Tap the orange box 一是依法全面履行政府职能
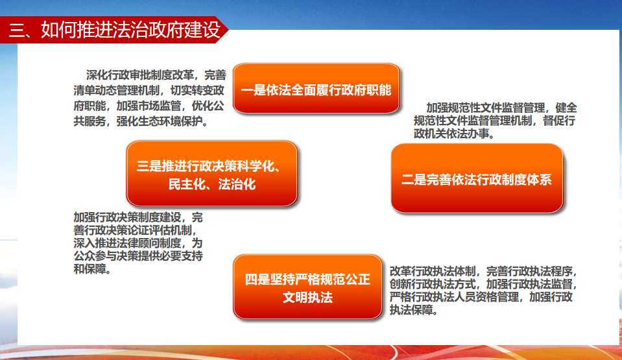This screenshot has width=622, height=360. pyautogui.click(x=316, y=88)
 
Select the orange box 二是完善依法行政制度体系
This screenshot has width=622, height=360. pyautogui.click(x=477, y=178)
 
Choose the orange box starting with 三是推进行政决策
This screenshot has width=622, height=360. pyautogui.click(x=212, y=173)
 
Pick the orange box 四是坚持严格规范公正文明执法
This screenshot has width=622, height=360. pyautogui.click(x=308, y=287)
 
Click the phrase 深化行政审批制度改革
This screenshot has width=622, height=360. pyautogui.click(x=140, y=75)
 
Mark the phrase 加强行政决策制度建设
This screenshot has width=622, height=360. pyautogui.click(x=127, y=217)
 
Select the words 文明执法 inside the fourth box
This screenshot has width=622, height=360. pyautogui.click(x=308, y=297)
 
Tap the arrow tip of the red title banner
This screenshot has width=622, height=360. pyautogui.click(x=228, y=30)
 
